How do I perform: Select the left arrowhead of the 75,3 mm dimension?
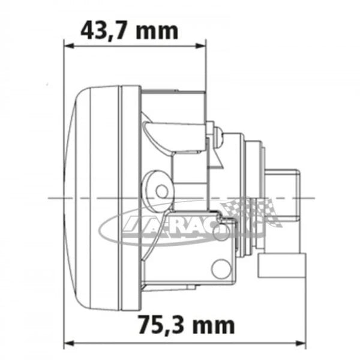[67, 344]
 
